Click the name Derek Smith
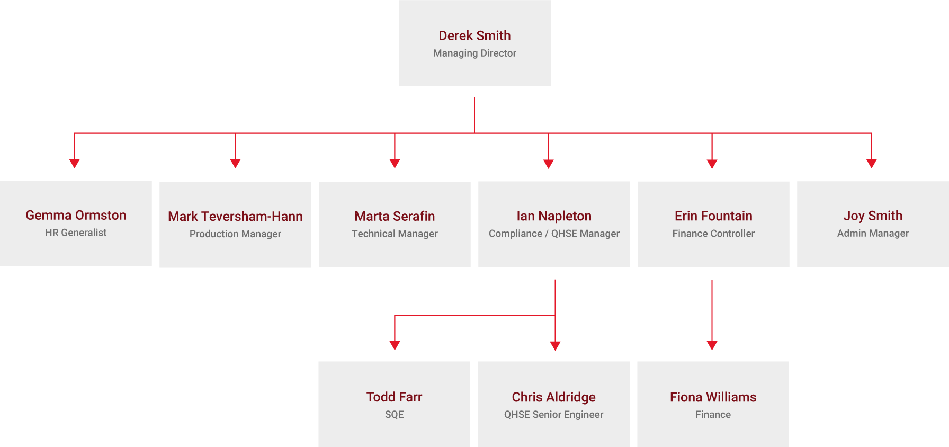tap(475, 35)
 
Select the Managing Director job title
tap(475, 53)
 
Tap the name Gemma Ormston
tap(76, 215)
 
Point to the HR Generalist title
tap(76, 233)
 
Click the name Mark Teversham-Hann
tap(235, 216)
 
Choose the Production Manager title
tap(235, 234)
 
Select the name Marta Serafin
tap(395, 216)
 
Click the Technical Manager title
tap(395, 234)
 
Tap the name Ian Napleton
tap(554, 216)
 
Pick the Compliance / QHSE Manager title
tap(554, 234)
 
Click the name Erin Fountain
tap(713, 216)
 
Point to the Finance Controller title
tap(713, 234)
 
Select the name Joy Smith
tap(873, 216)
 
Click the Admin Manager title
tap(873, 234)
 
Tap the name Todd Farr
tap(394, 397)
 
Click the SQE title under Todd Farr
tap(394, 415)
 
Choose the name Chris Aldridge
tap(553, 397)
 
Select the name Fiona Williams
tap(713, 397)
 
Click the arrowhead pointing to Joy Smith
tap(872, 164)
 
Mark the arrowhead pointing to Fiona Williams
tap(712, 345)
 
